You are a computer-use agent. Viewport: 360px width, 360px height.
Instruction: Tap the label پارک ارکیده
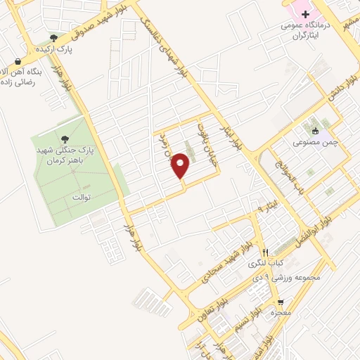(x=55, y=50)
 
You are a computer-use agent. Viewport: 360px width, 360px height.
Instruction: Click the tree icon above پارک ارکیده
(x=54, y=38)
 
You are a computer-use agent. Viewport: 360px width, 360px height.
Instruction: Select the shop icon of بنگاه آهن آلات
(x=17, y=63)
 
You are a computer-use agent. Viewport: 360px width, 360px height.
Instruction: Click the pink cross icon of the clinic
(x=305, y=14)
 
